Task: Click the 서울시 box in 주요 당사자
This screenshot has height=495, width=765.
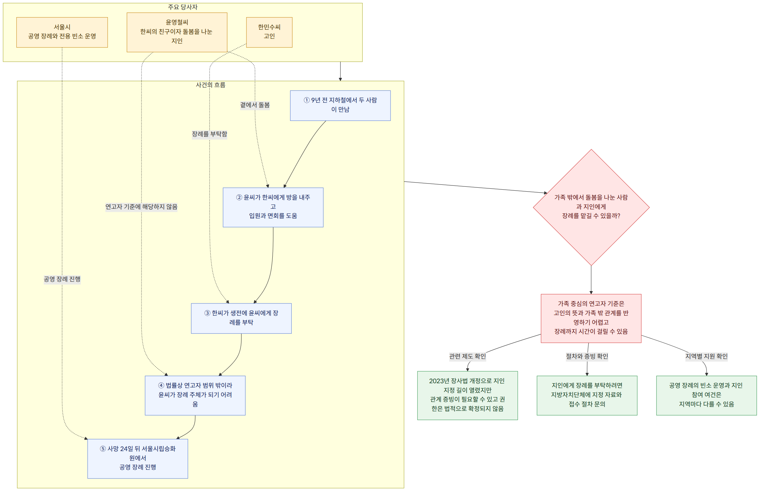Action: [62, 32]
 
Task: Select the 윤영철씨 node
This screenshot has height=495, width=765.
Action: [177, 32]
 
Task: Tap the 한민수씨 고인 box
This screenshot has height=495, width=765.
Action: [269, 32]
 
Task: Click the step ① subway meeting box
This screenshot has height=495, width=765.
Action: [340, 106]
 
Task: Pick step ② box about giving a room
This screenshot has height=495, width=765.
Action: [273, 207]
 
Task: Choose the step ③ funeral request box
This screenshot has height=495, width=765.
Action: [241, 318]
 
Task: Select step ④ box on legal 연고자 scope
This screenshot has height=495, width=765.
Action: [195, 395]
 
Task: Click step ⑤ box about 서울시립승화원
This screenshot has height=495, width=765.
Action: [138, 458]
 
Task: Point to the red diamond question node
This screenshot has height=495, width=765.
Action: [591, 207]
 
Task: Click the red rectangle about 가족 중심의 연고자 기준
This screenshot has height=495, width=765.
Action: [591, 318]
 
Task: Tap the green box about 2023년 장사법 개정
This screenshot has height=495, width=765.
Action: [467, 395]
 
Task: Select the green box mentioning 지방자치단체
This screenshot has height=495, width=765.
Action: [587, 395]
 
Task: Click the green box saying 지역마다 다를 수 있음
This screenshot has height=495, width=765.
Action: [707, 395]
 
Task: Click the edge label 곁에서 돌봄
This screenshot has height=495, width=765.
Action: [255, 105]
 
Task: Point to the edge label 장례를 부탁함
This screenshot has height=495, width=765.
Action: [210, 134]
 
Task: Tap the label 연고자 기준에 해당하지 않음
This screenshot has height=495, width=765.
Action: [141, 207]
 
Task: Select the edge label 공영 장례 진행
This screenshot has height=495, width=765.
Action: [62, 279]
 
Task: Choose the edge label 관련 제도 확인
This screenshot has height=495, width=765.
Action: [467, 356]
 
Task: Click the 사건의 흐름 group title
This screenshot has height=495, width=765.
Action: [211, 85]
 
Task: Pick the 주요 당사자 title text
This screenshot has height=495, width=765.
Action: [183, 7]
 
